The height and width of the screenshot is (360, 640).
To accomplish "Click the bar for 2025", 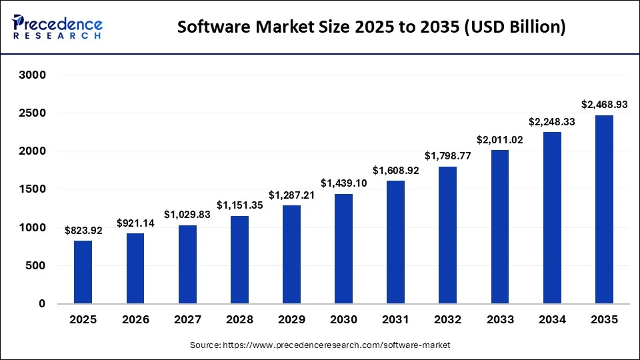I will click(83, 272).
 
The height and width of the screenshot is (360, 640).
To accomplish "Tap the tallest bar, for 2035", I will click(603, 209).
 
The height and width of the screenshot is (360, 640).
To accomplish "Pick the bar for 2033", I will click(499, 227).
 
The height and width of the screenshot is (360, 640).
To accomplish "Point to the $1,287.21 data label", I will click(291, 195).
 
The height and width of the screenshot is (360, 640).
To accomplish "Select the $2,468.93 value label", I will click(603, 105).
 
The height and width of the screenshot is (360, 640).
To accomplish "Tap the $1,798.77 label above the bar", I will click(447, 156).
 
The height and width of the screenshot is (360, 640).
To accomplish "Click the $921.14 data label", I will click(135, 223).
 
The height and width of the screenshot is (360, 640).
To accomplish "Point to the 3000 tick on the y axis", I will click(31, 75).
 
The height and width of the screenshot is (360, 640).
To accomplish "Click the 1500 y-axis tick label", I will click(31, 189).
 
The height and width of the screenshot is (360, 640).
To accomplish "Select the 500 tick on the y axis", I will click(35, 265).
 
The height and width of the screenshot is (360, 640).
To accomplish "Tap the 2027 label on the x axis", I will click(187, 319).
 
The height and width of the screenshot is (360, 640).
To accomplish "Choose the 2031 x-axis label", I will click(395, 319).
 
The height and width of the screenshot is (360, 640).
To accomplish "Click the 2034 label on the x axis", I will click(551, 319).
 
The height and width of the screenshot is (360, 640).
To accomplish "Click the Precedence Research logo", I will click(57, 27).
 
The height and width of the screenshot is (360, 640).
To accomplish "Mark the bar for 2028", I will click(239, 259).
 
